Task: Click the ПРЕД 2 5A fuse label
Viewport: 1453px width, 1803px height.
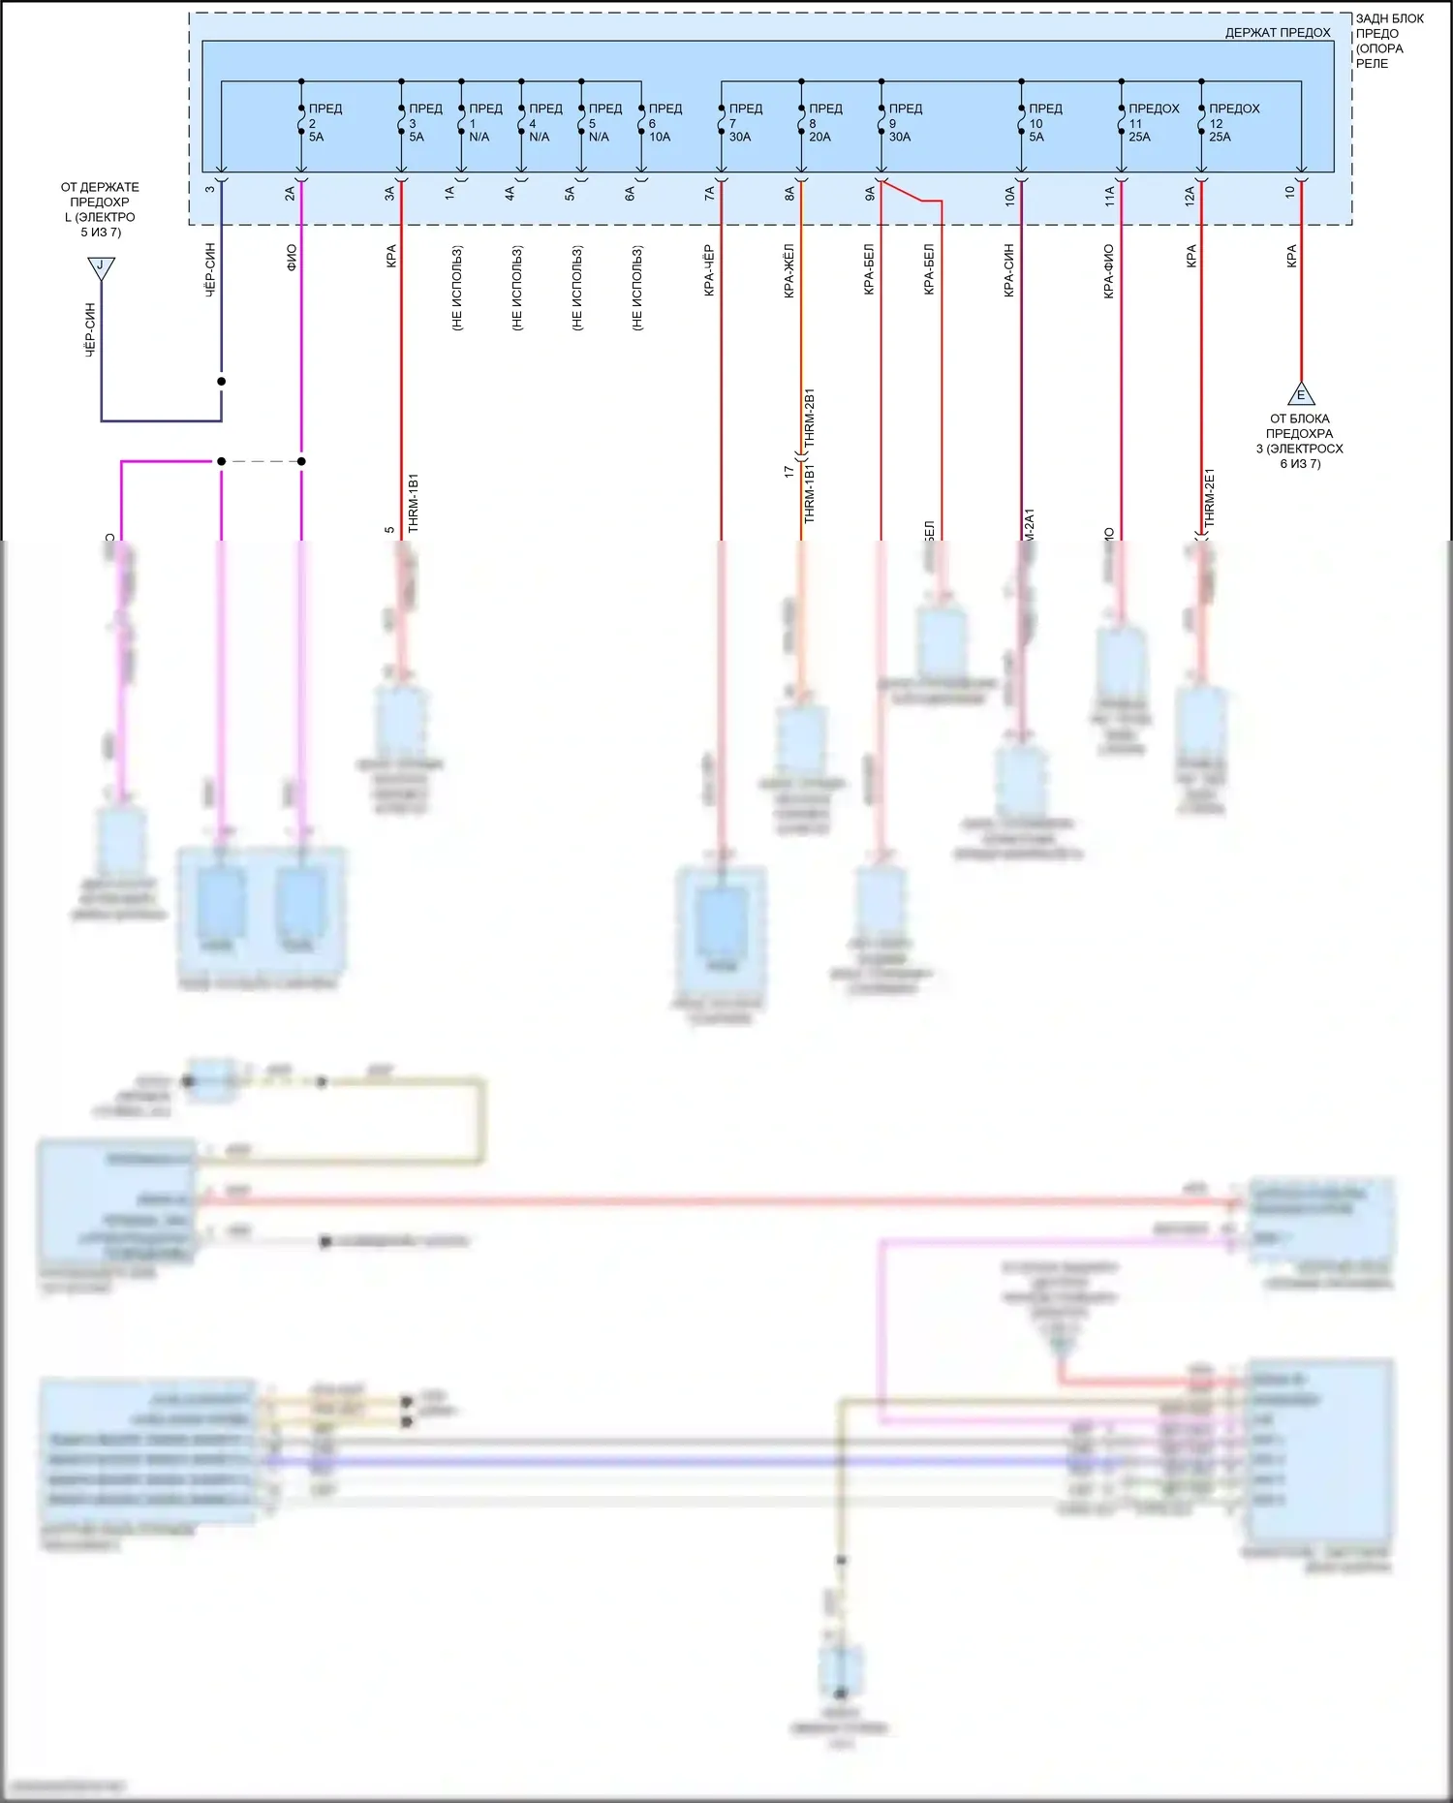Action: [325, 123]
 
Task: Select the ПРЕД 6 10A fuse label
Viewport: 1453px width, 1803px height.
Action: [665, 123]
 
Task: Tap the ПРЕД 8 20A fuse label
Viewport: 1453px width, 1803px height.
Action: [824, 123]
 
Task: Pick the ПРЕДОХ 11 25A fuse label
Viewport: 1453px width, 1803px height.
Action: [1153, 123]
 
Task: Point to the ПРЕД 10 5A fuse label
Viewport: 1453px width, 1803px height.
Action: [1044, 123]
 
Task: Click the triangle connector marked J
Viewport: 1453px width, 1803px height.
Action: [101, 266]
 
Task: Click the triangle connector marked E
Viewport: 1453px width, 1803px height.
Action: [1301, 394]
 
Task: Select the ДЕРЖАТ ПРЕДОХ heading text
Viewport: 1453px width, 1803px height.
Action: [1277, 33]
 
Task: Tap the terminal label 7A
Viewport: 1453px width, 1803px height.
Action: [710, 194]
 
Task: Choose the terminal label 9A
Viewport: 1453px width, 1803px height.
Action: [870, 194]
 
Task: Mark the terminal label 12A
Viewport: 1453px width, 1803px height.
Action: [1190, 197]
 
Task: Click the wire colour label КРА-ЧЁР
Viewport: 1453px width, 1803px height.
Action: [709, 270]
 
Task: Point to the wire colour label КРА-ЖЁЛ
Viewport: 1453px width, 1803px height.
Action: [789, 270]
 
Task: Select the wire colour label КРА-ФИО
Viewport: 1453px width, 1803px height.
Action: [1109, 271]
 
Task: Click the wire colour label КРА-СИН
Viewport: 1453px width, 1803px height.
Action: [1009, 270]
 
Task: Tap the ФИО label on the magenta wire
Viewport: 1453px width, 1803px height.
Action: [292, 257]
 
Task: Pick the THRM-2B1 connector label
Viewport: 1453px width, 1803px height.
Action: [810, 418]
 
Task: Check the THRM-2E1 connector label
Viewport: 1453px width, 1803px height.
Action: [1209, 498]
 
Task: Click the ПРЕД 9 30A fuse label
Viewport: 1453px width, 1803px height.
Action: [904, 123]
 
